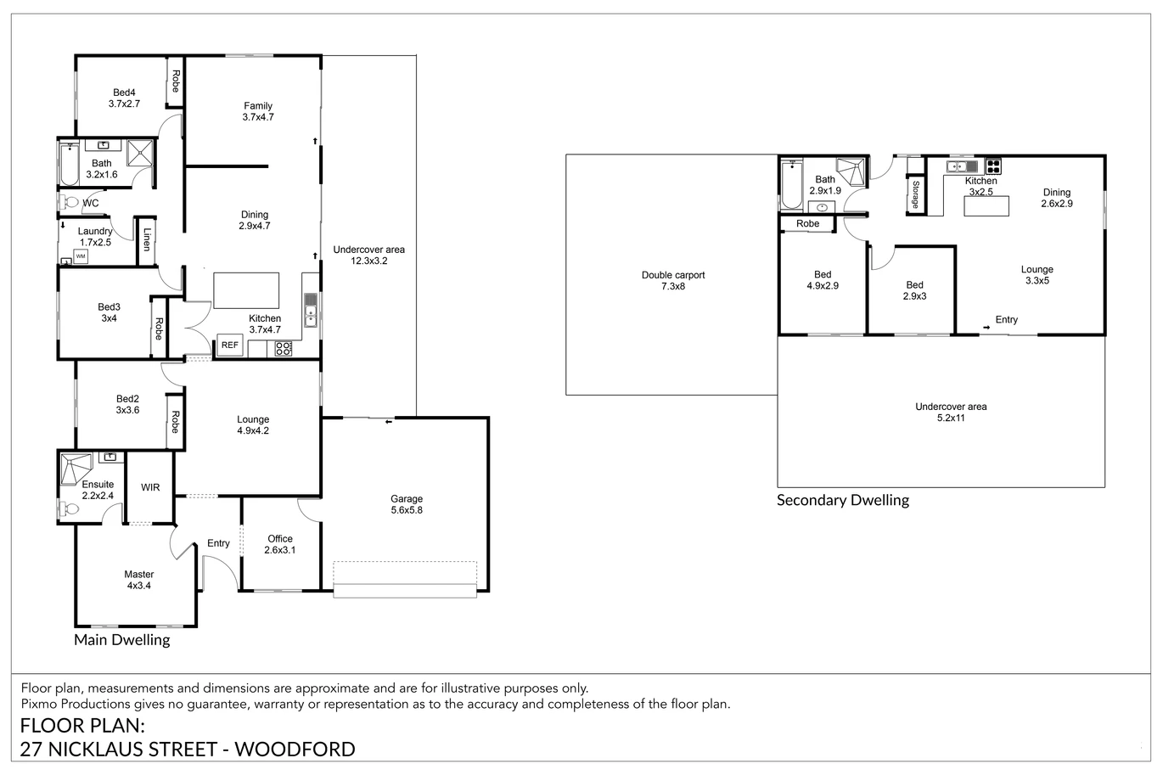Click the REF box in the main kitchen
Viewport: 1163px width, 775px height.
point(229,345)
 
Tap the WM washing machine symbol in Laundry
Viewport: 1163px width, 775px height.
point(81,256)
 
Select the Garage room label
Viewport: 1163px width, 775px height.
point(407,499)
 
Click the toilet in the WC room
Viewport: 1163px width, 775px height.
point(70,202)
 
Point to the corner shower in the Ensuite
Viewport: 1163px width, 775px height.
point(76,469)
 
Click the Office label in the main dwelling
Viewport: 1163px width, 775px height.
point(280,539)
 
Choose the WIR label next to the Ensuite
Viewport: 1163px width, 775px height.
point(150,487)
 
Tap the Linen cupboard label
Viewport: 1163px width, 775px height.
point(147,239)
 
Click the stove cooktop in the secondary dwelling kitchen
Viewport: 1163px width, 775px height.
point(992,166)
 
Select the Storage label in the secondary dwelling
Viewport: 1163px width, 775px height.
point(915,194)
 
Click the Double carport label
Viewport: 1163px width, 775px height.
point(673,275)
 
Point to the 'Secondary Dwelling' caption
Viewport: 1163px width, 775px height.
point(843,500)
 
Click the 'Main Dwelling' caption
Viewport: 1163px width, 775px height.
point(122,639)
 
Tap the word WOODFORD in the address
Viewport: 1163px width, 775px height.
point(295,750)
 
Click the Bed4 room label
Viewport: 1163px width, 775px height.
point(124,93)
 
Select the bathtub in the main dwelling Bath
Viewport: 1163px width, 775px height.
point(69,165)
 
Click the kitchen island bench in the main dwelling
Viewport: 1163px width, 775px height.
point(246,290)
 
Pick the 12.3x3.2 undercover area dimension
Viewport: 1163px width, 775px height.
point(368,261)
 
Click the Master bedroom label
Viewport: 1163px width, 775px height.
point(138,574)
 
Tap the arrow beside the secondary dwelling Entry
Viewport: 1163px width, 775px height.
point(986,328)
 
